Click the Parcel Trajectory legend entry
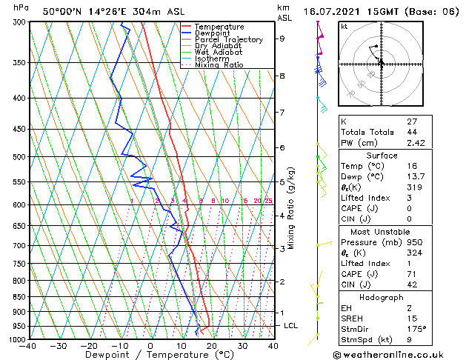click(x=228, y=39)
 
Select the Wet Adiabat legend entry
click(x=219, y=52)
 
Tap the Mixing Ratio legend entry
click(x=219, y=65)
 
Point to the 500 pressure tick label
click(x=18, y=157)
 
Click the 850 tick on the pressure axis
click(x=18, y=297)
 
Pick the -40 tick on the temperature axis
click(x=28, y=346)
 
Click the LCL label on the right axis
click(x=291, y=325)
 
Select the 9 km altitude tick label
click(x=282, y=39)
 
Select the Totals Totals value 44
click(x=412, y=132)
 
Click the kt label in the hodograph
click(x=344, y=26)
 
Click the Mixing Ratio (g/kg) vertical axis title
click(x=291, y=208)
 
